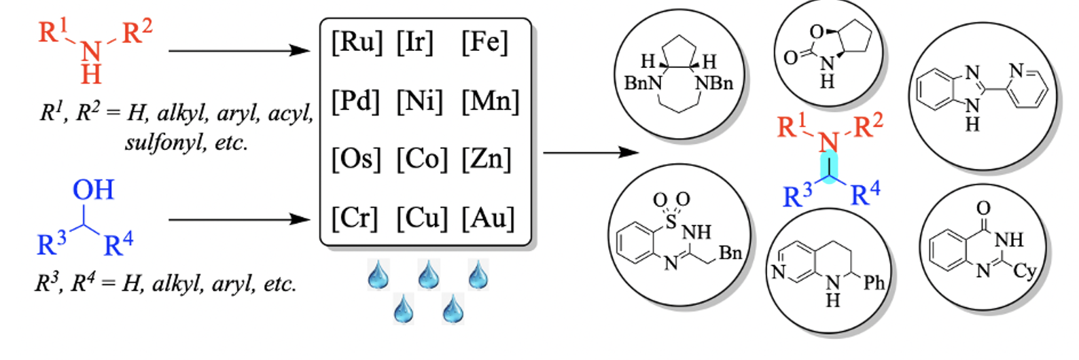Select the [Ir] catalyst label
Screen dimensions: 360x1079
pos(415,42)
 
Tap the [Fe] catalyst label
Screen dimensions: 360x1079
pos(484,42)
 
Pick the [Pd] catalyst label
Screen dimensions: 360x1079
pos(355,101)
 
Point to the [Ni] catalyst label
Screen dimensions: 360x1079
pos(419,101)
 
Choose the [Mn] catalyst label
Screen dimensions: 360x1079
pos(490,101)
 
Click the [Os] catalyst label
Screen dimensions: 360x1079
pos(355,159)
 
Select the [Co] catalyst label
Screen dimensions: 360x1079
pos(422,159)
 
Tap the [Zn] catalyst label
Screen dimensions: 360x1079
pos(486,159)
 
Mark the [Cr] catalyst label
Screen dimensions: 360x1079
pos(354,218)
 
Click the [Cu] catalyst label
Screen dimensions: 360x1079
pos(422,218)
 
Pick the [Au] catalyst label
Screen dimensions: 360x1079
pos(488,218)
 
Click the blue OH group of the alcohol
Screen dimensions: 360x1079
pos(93,190)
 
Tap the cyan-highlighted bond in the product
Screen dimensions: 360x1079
pos(830,167)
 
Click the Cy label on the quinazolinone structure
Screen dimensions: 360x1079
pos(1024,271)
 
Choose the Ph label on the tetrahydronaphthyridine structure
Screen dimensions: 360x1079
pos(874,283)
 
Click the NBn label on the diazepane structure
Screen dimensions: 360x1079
pos(714,84)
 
